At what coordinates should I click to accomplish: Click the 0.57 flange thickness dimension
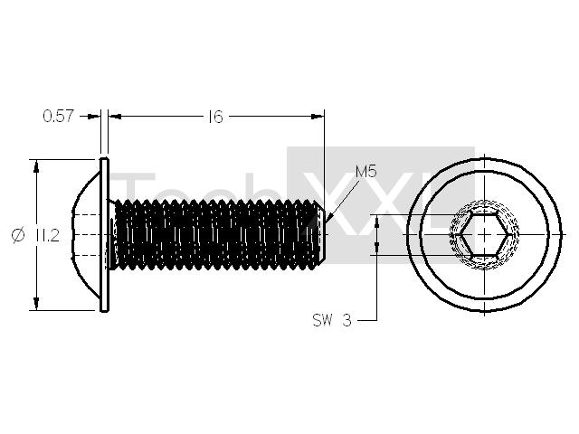(58, 117)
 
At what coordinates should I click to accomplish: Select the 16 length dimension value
(215, 117)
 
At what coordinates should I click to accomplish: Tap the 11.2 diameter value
(48, 235)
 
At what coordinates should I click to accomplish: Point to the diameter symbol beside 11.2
(18, 235)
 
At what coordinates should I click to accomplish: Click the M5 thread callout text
(365, 172)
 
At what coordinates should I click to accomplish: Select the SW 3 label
(332, 320)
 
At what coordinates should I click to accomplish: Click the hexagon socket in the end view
(484, 234)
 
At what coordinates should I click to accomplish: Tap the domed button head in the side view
(87, 235)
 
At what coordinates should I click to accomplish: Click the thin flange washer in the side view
(104, 235)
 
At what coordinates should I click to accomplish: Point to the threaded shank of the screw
(217, 235)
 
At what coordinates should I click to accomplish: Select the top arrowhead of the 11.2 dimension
(36, 166)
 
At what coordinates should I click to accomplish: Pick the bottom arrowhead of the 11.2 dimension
(36, 304)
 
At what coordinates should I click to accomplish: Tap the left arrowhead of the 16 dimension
(116, 117)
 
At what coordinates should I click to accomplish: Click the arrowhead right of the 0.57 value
(93, 117)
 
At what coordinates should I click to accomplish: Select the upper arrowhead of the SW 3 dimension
(376, 222)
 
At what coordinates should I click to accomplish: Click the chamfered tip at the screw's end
(322, 235)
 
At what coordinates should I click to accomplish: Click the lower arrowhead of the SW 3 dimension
(376, 248)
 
